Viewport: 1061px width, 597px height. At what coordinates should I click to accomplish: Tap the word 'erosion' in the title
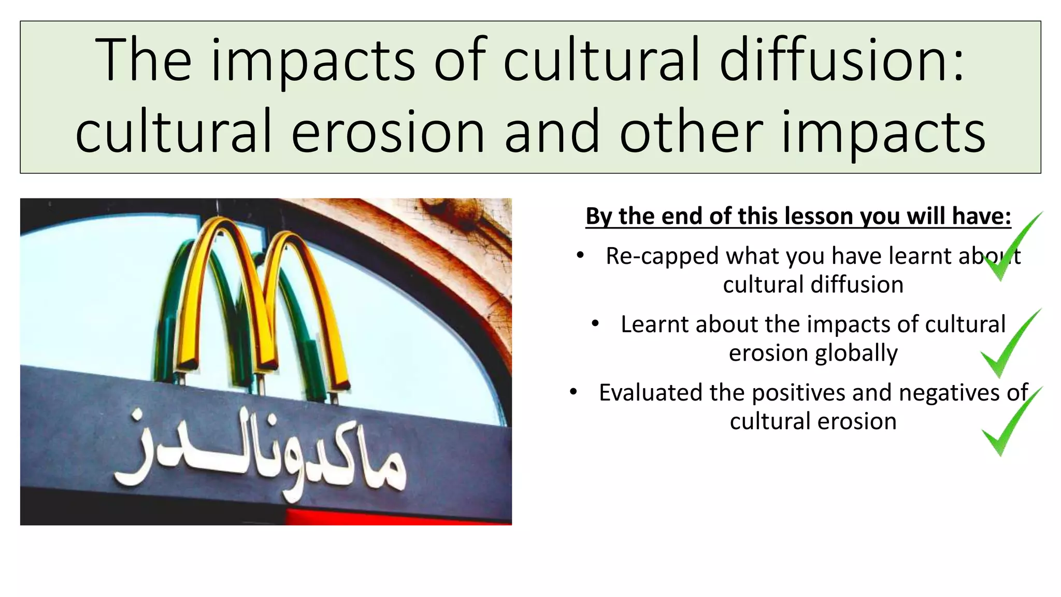click(x=388, y=132)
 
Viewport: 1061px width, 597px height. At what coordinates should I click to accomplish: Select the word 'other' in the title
click(x=691, y=132)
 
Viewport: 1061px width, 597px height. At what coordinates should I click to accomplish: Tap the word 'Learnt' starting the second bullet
click(x=654, y=324)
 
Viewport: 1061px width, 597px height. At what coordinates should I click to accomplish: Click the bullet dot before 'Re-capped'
click(x=580, y=255)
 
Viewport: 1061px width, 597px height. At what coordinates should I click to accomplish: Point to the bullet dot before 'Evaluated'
click(x=573, y=392)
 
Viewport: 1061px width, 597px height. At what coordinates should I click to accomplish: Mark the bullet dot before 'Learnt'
click(x=595, y=324)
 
